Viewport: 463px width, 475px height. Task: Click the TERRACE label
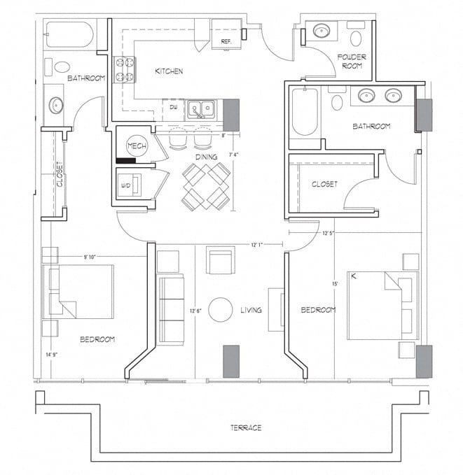click(x=245, y=427)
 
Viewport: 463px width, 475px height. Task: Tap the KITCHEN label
click(x=169, y=71)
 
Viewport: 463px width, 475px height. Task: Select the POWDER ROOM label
click(x=352, y=61)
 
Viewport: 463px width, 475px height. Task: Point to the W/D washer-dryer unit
click(x=130, y=185)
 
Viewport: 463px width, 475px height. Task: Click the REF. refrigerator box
click(x=226, y=34)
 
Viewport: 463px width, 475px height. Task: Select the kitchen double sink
click(x=201, y=109)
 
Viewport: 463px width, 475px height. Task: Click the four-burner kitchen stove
click(x=125, y=69)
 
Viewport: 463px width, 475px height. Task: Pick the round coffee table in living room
click(x=221, y=309)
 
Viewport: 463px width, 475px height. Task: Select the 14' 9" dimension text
click(x=52, y=355)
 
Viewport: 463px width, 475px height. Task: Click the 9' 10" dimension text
click(x=89, y=257)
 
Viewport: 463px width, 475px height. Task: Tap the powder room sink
click(x=323, y=31)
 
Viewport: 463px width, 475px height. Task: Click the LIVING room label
click(x=251, y=310)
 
